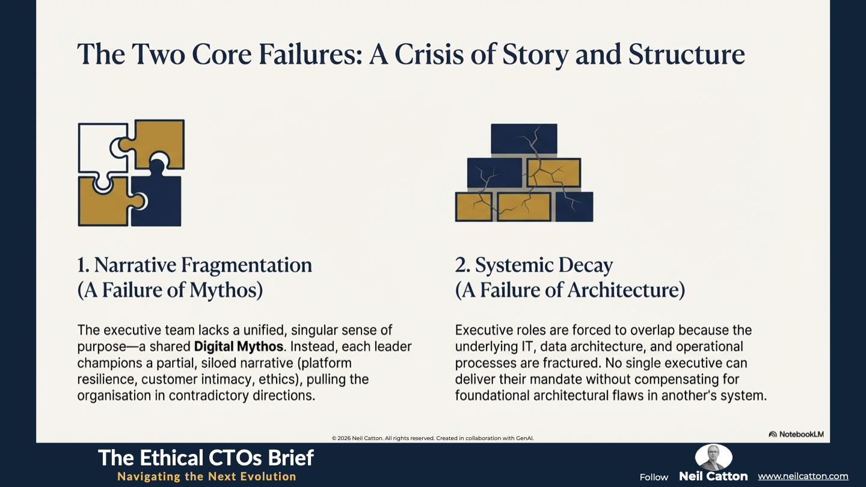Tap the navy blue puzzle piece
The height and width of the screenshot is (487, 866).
point(159,197)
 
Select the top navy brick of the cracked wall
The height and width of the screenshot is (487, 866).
point(524,139)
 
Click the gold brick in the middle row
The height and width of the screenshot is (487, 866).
point(554,173)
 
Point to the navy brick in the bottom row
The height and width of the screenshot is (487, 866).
point(574,207)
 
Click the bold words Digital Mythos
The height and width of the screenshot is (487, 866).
point(239,346)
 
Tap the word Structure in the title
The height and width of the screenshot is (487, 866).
point(687,54)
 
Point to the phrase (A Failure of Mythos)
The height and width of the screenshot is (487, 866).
point(170,290)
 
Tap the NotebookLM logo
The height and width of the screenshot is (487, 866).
point(796,434)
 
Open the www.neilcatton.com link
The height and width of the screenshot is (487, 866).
point(803,476)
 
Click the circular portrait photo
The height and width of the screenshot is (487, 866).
point(713,457)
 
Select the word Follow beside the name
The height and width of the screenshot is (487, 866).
point(654,477)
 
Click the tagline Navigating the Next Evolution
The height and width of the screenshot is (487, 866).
point(207,476)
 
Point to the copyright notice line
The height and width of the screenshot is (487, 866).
point(432,438)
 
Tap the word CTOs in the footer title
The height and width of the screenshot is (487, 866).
point(236,458)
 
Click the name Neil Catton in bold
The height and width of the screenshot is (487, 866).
point(713,476)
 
